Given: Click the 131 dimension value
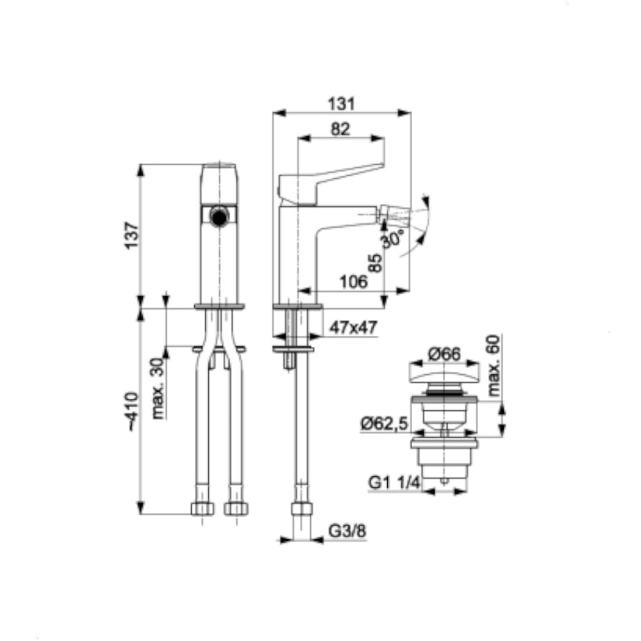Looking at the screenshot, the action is point(342,104).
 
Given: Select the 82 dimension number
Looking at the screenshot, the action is point(340,129).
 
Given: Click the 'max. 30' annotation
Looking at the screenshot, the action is point(158,388).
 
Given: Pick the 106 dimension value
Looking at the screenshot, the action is point(354,281).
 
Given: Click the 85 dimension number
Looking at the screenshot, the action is point(375,263).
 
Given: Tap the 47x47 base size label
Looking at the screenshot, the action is point(353,328).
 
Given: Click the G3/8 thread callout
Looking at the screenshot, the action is point(347,531).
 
